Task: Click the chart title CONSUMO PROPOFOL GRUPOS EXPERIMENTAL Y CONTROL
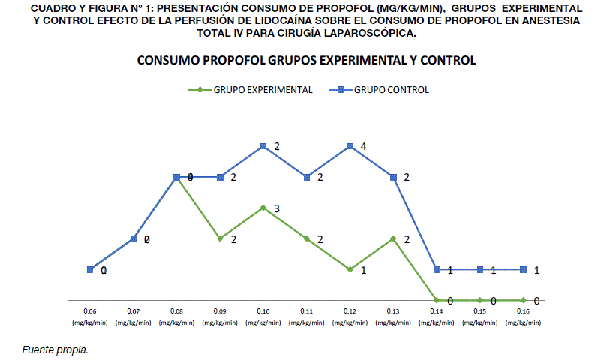click(x=306, y=60)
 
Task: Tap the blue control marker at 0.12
click(x=350, y=146)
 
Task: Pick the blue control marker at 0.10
click(x=263, y=146)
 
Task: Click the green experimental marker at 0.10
click(x=263, y=208)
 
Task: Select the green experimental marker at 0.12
click(x=350, y=268)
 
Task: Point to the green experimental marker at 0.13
click(x=394, y=238)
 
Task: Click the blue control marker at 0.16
click(x=524, y=269)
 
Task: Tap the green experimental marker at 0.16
click(x=524, y=300)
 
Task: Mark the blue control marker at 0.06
click(x=90, y=269)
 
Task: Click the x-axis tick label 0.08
click(x=176, y=310)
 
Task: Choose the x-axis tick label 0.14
click(x=437, y=310)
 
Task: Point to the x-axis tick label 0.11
click(x=307, y=310)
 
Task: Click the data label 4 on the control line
click(x=363, y=146)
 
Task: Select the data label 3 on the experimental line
click(x=277, y=208)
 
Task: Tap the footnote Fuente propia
click(x=56, y=349)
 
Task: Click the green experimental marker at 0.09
click(x=220, y=238)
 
